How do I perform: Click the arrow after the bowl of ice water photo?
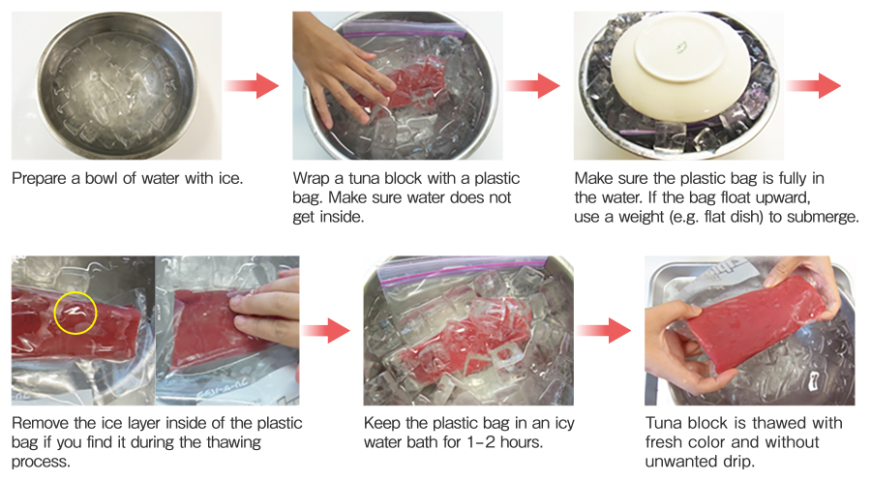[252, 87]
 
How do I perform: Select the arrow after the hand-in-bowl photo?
[534, 85]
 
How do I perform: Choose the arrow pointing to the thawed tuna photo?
[608, 331]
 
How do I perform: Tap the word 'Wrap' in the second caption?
[313, 179]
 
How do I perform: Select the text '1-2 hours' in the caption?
[509, 442]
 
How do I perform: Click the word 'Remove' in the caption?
[41, 424]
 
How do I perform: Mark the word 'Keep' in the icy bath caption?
[381, 424]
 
